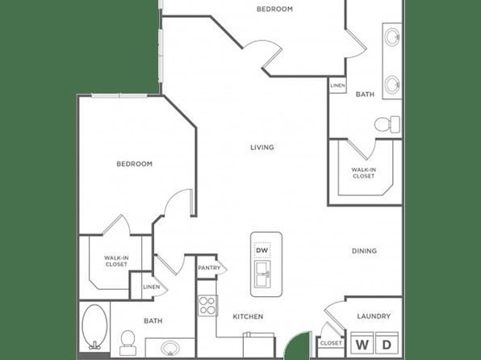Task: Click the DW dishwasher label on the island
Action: pyautogui.click(x=262, y=250)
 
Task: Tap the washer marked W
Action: pyautogui.click(x=362, y=344)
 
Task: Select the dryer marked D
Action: pyautogui.click(x=387, y=344)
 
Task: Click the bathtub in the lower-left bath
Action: pyautogui.click(x=94, y=327)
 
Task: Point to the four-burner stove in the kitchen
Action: pyautogui.click(x=207, y=305)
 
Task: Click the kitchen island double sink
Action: pyautogui.click(x=263, y=274)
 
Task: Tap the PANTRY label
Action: pyautogui.click(x=209, y=268)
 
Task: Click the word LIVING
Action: pyautogui.click(x=262, y=148)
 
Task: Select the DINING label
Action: pyautogui.click(x=364, y=251)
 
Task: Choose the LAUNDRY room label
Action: pyautogui.click(x=374, y=316)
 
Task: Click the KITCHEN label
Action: pyautogui.click(x=248, y=316)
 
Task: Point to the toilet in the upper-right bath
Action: pyautogui.click(x=387, y=124)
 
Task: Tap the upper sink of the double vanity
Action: pyautogui.click(x=392, y=37)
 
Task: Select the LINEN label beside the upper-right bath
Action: pyautogui.click(x=337, y=86)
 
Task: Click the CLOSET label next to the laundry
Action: pyautogui.click(x=331, y=343)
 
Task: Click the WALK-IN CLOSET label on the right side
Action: pyautogui.click(x=363, y=173)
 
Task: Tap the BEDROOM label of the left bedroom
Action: pyautogui.click(x=134, y=164)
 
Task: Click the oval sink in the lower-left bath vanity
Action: pyautogui.click(x=170, y=349)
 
